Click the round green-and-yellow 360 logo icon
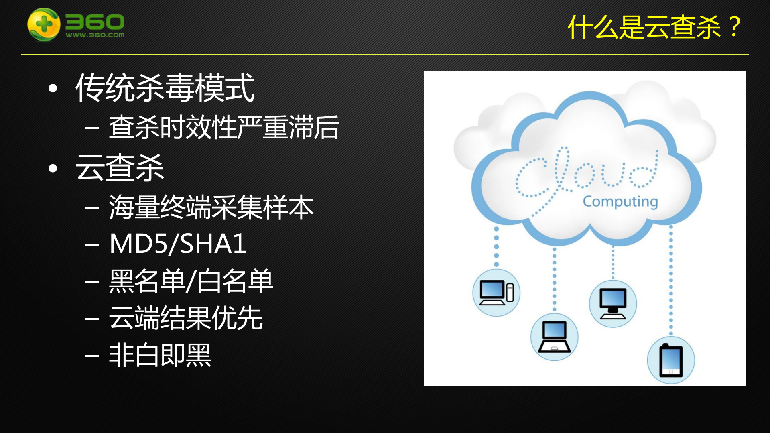[44, 24]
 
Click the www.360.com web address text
[95, 35]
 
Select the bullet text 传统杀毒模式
[165, 88]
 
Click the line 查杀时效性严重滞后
[224, 128]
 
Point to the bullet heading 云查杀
[120, 168]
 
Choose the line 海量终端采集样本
[211, 207]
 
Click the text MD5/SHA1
[178, 244]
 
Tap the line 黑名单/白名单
[191, 281]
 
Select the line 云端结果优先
[186, 318]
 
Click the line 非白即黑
[160, 355]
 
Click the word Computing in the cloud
[620, 201]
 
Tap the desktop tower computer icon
[496, 293]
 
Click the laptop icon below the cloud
[554, 337]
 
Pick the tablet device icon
[671, 360]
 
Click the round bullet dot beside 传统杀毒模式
[53, 89]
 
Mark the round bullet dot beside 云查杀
[53, 168]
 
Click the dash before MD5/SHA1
[92, 244]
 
